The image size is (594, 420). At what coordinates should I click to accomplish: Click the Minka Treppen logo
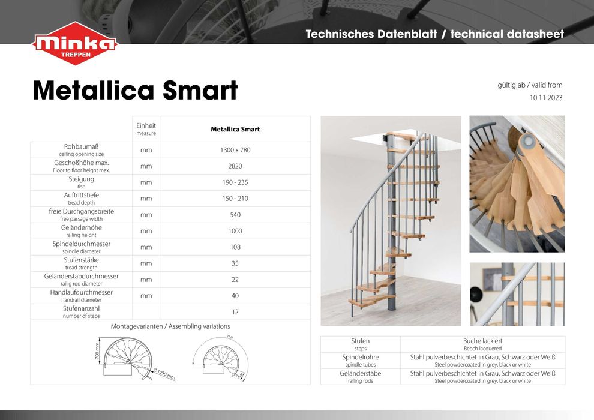pyautogui.click(x=75, y=44)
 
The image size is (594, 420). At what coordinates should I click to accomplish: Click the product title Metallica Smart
pyautogui.click(x=135, y=91)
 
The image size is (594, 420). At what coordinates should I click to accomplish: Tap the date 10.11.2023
pyautogui.click(x=545, y=97)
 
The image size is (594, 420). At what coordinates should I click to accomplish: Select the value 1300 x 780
pyautogui.click(x=235, y=150)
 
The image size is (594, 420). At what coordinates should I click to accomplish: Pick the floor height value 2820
pyautogui.click(x=235, y=166)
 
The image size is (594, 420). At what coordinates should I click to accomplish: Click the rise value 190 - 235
pyautogui.click(x=235, y=182)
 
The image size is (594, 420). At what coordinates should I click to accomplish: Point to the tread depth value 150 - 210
pyautogui.click(x=235, y=199)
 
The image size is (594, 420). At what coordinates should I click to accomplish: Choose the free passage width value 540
pyautogui.click(x=235, y=215)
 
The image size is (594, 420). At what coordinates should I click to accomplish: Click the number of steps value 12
pyautogui.click(x=235, y=312)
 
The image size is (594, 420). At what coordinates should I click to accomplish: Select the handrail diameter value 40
pyautogui.click(x=235, y=296)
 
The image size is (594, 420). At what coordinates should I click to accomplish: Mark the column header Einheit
pyautogui.click(x=146, y=125)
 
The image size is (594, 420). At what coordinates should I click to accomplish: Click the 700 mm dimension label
pyautogui.click(x=98, y=352)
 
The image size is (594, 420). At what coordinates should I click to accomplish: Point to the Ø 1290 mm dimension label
pyautogui.click(x=163, y=374)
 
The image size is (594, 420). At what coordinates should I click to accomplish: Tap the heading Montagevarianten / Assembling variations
pyautogui.click(x=170, y=326)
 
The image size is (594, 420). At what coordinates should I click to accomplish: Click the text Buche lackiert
pyautogui.click(x=482, y=341)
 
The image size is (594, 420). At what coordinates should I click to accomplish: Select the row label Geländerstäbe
pyautogui.click(x=360, y=373)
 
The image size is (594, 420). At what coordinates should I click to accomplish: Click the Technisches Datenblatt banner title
pyautogui.click(x=434, y=34)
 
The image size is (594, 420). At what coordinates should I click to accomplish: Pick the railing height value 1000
pyautogui.click(x=235, y=231)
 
